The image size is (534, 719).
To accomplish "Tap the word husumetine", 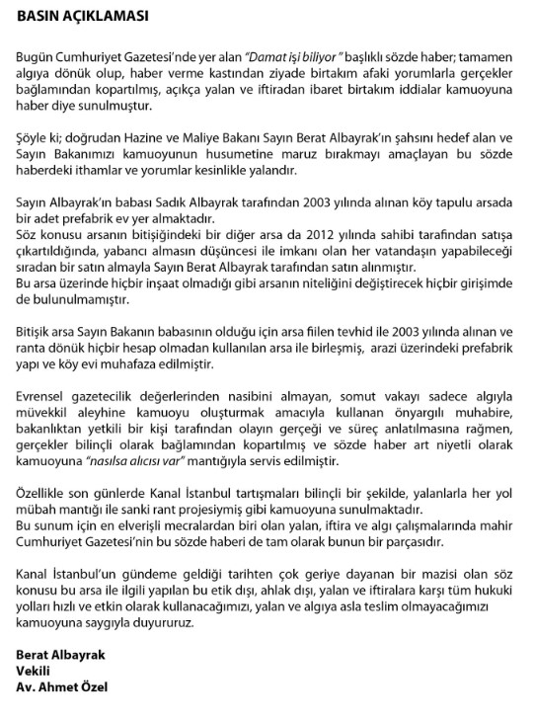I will [273, 154].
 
